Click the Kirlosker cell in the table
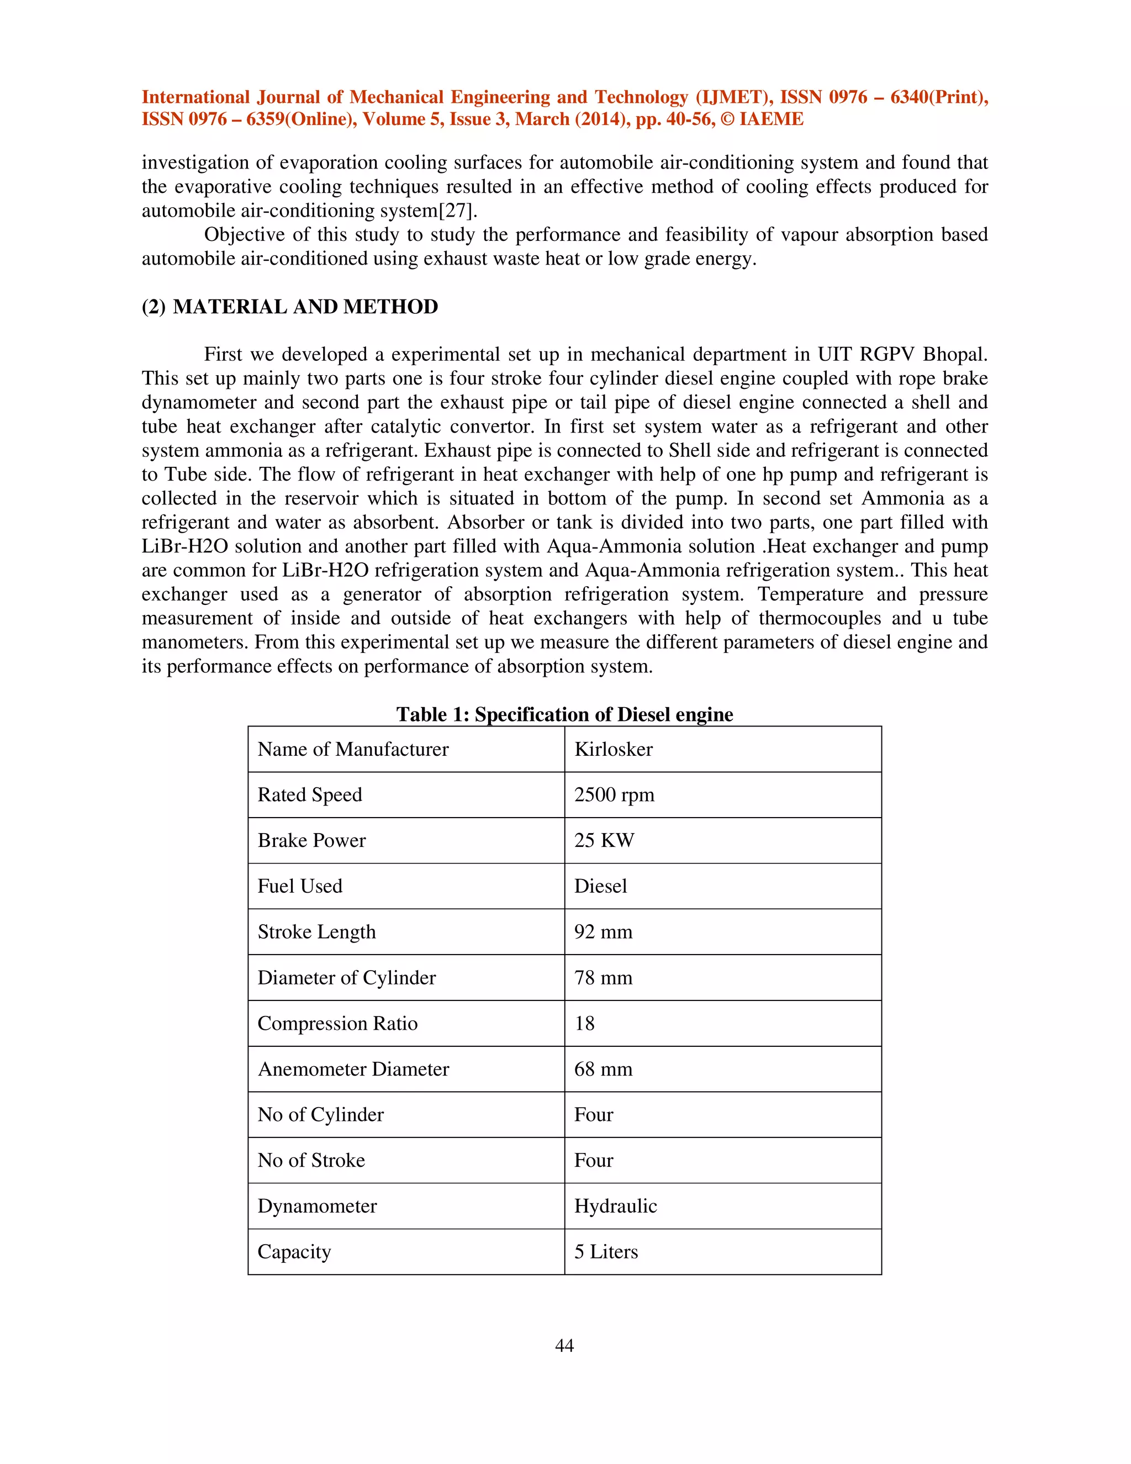[613, 750]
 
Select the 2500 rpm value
[614, 795]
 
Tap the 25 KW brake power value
[604, 841]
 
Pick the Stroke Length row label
[316, 932]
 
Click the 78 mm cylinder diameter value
[603, 978]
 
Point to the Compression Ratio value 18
[584, 1024]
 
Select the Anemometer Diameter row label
[353, 1069]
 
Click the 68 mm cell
[603, 1069]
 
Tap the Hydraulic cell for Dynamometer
[615, 1206]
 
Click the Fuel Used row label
[299, 886]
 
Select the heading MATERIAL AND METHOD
[305, 307]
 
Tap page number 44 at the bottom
[564, 1345]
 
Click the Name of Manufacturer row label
[353, 750]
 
